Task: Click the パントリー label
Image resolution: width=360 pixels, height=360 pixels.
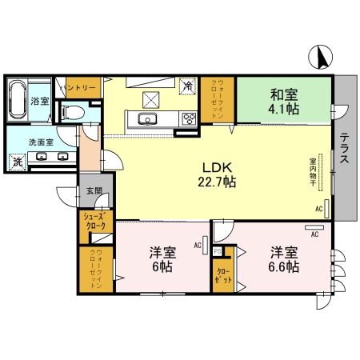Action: (x=77, y=87)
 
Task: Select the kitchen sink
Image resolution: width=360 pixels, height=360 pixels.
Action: (x=148, y=120)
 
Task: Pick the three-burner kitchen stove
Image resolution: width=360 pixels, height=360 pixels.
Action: (x=190, y=120)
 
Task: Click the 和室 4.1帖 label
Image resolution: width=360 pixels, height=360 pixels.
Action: (x=284, y=102)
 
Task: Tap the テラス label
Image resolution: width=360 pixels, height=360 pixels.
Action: (x=342, y=148)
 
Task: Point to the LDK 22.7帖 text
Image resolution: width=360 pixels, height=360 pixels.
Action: (x=216, y=174)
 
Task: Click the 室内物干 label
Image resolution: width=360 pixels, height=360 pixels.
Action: (x=313, y=173)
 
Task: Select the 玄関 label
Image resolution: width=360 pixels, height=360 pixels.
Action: (x=94, y=191)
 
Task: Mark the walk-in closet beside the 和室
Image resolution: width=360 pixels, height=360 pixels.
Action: (x=218, y=98)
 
